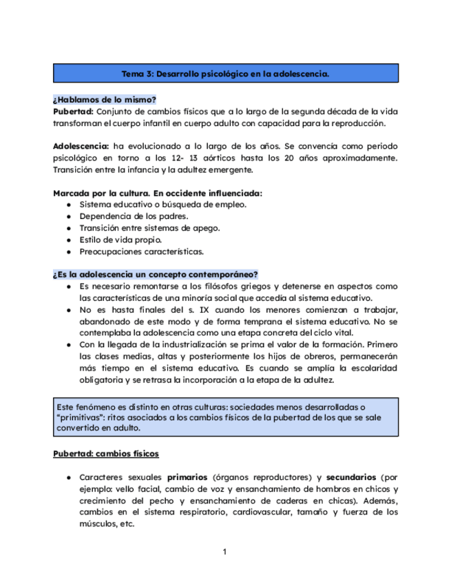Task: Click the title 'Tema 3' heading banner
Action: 225,73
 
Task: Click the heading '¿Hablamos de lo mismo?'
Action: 104,100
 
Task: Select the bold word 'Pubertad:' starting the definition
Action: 73,111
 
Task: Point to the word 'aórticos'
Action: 238,158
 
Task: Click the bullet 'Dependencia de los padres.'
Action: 129,216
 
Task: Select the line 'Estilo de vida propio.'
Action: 120,240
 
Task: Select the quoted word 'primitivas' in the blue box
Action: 80,417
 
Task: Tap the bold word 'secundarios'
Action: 351,477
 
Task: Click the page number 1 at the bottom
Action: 224,552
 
